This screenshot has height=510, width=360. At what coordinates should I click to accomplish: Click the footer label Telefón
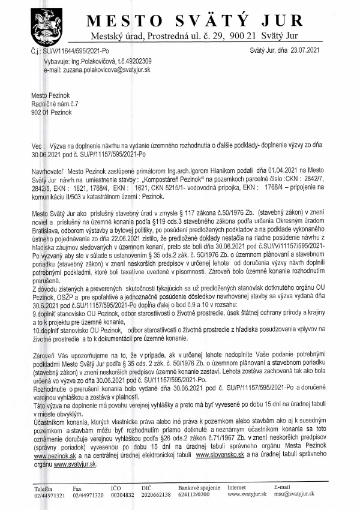[43, 487]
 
